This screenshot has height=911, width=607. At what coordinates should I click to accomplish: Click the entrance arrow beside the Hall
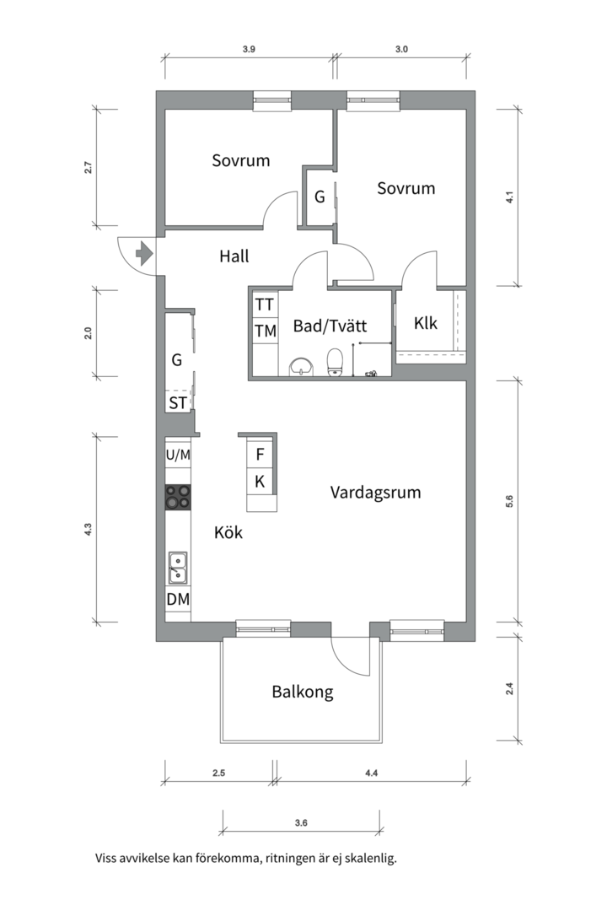click(x=143, y=254)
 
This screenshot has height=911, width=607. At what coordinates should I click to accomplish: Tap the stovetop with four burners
click(x=178, y=498)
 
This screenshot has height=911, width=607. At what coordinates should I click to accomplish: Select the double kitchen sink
click(x=178, y=568)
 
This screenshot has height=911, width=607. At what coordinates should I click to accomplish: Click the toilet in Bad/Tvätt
click(x=336, y=362)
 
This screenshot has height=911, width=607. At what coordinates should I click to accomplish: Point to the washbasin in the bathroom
click(x=301, y=367)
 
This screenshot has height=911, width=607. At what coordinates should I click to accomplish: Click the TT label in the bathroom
click(x=264, y=305)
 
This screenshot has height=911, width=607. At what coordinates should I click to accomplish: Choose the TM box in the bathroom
click(x=266, y=331)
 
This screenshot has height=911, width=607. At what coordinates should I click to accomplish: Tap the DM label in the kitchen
click(x=179, y=599)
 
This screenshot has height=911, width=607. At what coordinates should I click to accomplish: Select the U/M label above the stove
click(x=179, y=455)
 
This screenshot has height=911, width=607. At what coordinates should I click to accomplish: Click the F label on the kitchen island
click(x=261, y=455)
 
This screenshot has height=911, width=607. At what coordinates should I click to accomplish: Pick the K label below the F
click(x=260, y=481)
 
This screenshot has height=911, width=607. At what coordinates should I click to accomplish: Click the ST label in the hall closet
click(x=179, y=402)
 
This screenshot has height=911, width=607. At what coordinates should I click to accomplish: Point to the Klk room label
click(x=426, y=323)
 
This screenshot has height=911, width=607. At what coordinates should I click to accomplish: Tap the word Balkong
click(x=303, y=692)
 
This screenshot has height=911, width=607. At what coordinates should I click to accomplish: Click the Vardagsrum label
click(x=375, y=492)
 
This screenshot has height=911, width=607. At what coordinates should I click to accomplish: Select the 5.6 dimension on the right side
click(x=509, y=501)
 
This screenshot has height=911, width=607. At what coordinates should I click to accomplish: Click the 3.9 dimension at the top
click(x=249, y=50)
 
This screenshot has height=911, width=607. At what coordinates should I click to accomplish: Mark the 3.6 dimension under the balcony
click(x=301, y=822)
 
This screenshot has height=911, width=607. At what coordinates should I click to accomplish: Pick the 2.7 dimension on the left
click(x=89, y=167)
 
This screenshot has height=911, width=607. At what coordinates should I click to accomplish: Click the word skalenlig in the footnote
click(x=371, y=859)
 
